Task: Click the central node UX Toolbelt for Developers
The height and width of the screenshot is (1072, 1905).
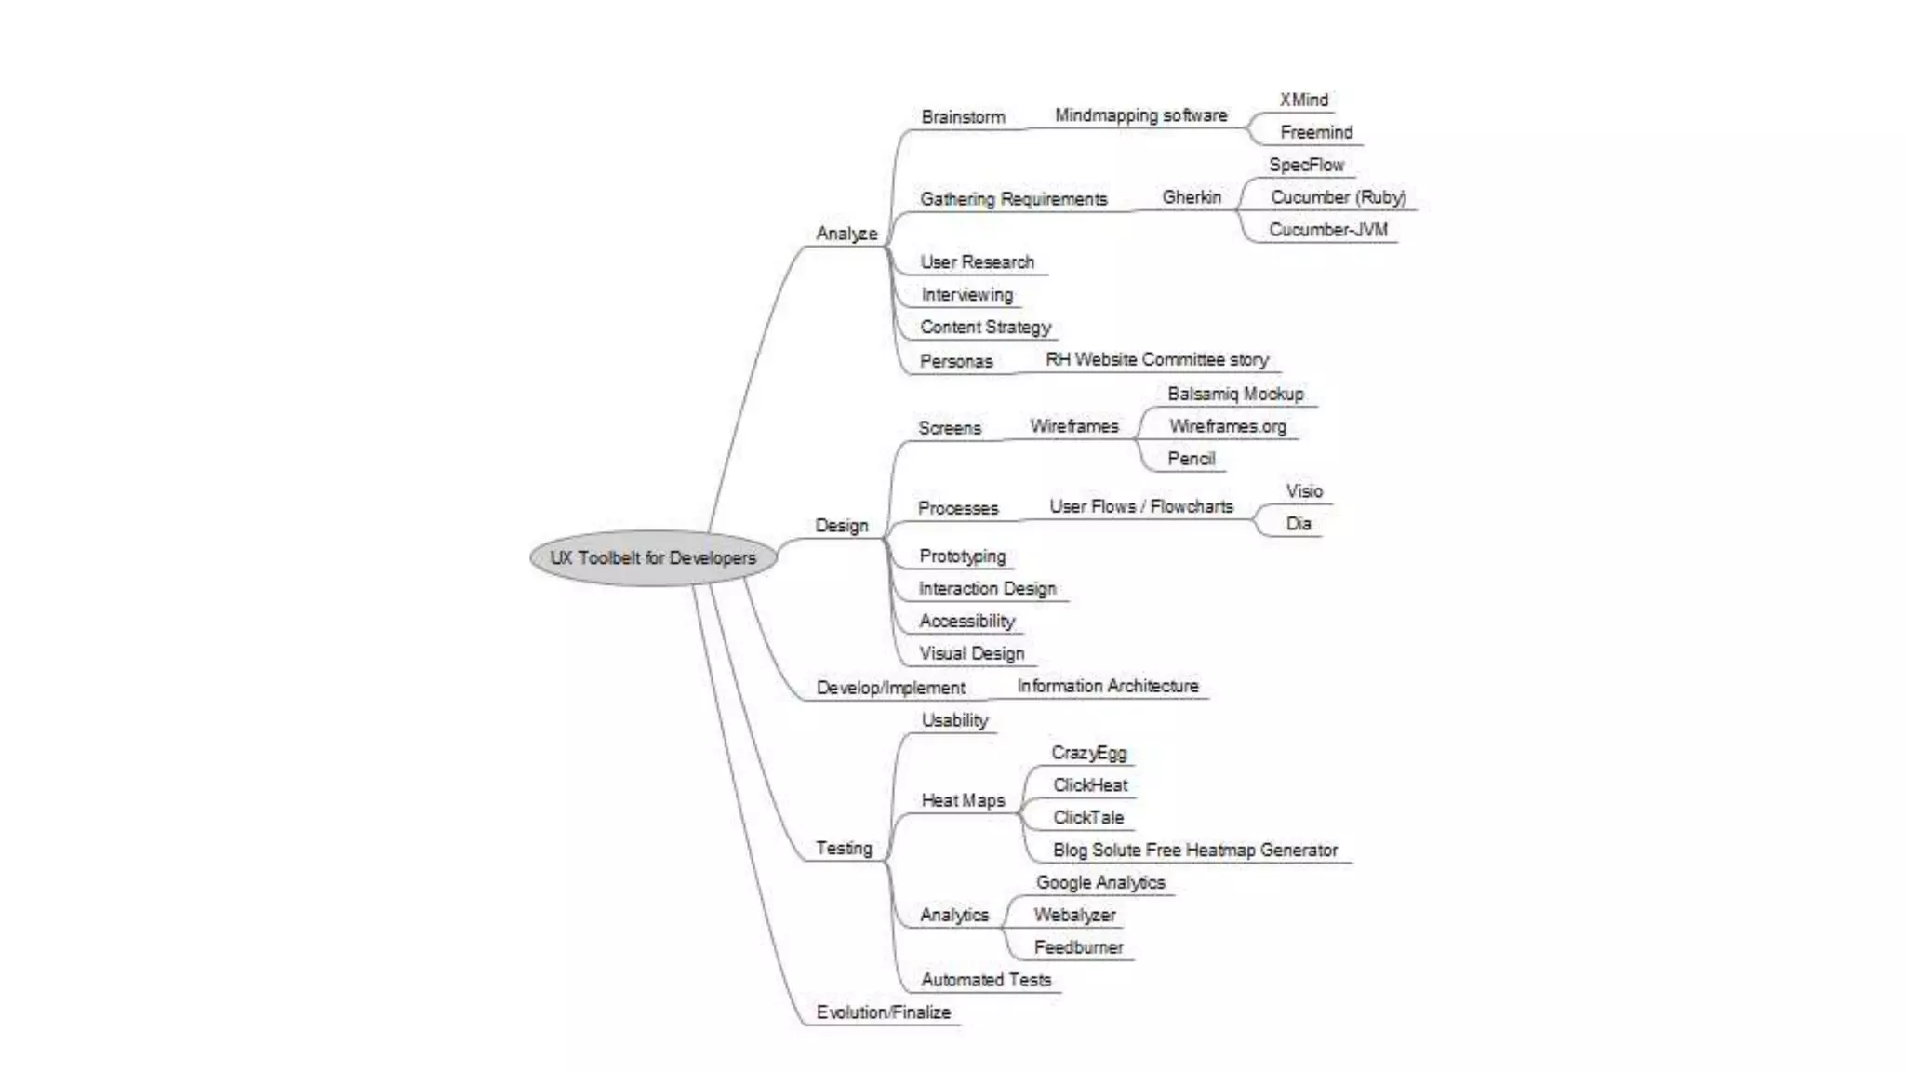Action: click(x=653, y=558)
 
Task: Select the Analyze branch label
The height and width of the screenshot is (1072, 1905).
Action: click(x=846, y=234)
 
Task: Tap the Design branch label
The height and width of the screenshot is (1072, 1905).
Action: click(x=842, y=526)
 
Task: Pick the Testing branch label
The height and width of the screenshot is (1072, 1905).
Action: click(x=844, y=849)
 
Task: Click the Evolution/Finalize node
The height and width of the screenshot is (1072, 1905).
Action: click(x=884, y=1012)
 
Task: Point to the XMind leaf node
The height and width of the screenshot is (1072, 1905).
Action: click(x=1303, y=100)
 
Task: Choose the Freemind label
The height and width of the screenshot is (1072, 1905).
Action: click(x=1316, y=133)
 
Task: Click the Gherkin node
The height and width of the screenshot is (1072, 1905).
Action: click(x=1192, y=197)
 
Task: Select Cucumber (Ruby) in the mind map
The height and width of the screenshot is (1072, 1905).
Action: click(x=1339, y=197)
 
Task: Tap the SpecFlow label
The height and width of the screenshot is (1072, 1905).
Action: click(x=1307, y=166)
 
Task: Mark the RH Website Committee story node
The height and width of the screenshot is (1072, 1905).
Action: click(x=1157, y=360)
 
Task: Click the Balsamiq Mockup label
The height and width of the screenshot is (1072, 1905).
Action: click(x=1235, y=395)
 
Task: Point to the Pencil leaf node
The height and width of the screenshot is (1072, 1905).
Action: click(x=1192, y=459)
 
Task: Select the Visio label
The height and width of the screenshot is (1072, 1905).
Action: click(x=1304, y=491)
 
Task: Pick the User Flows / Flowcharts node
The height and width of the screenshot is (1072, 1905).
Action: click(x=1141, y=507)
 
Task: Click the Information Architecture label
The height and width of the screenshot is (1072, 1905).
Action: click(x=1108, y=687)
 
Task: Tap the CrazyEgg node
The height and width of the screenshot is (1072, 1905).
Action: click(x=1088, y=753)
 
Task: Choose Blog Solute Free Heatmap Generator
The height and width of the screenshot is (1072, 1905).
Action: click(x=1195, y=851)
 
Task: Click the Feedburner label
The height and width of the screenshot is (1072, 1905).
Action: click(x=1079, y=947)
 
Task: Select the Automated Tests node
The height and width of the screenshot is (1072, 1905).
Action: click(x=986, y=980)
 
